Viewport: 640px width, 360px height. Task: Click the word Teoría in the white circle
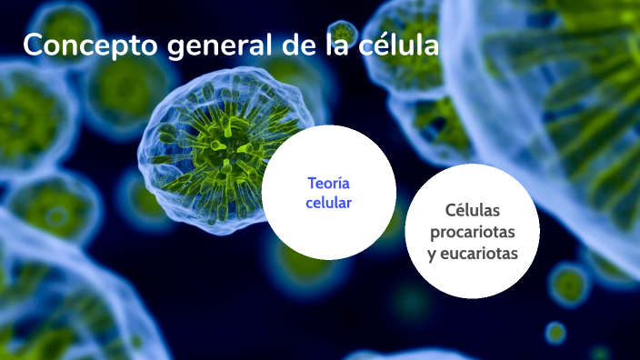click(x=328, y=183)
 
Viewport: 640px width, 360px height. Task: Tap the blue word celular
click(x=328, y=203)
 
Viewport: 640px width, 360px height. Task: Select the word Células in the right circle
click(x=472, y=211)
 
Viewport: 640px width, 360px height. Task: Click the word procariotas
click(x=472, y=233)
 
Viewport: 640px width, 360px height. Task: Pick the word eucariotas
click(x=479, y=254)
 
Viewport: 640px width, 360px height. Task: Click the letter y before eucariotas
click(x=432, y=255)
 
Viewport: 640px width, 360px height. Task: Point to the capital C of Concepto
click(x=33, y=45)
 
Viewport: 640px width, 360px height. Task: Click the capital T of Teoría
click(x=312, y=183)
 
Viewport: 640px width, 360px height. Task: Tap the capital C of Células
click(x=450, y=211)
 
